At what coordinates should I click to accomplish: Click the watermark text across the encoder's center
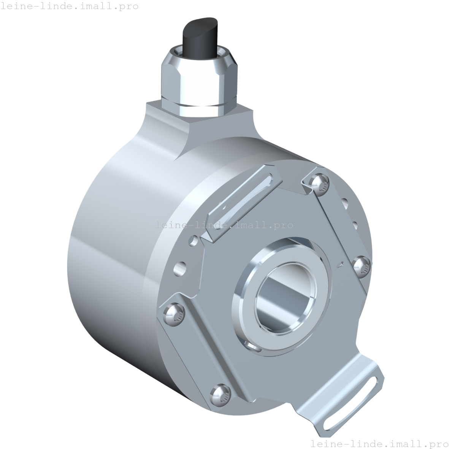(x=224, y=225)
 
